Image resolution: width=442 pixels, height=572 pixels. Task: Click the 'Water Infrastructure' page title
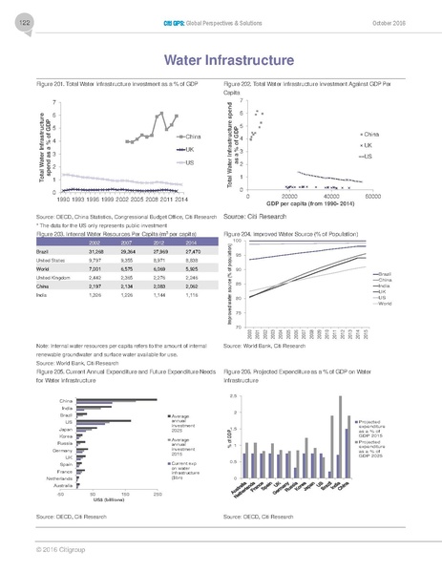pos(221,61)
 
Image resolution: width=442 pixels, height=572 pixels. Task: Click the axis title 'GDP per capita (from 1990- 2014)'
pos(309,204)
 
